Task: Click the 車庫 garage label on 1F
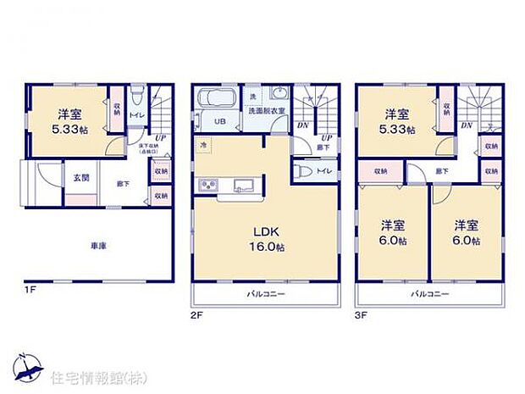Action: coord(100,247)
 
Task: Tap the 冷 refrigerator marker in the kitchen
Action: coord(203,144)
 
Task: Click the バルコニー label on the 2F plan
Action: coord(265,295)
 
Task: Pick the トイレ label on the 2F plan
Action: coord(323,171)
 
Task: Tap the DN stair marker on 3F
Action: coord(466,125)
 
